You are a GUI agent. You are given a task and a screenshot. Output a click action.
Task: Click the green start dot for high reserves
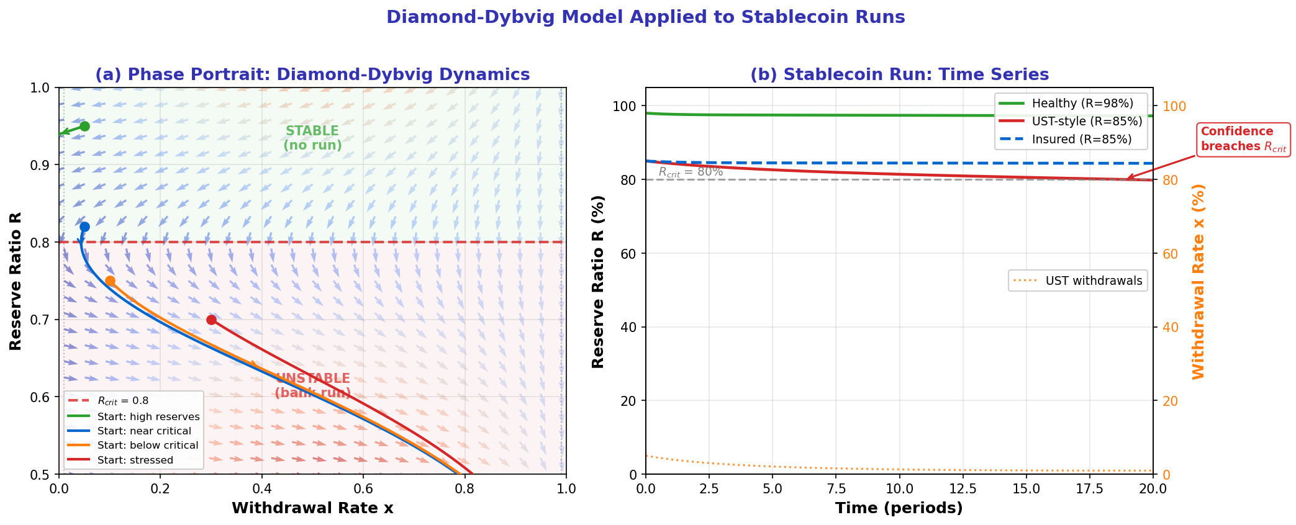pos(84,126)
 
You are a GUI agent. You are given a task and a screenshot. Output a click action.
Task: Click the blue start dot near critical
pos(84,227)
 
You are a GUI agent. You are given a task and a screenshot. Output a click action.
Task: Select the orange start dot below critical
pos(110,280)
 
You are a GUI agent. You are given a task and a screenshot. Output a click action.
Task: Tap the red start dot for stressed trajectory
pos(211,320)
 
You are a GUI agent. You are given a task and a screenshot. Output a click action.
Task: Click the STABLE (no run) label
pos(312,138)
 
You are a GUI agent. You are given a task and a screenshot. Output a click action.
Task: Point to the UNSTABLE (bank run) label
pos(312,385)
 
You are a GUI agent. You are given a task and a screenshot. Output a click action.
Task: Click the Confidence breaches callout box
pos(1243,139)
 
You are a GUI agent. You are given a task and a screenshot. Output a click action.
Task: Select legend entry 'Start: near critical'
pos(144,431)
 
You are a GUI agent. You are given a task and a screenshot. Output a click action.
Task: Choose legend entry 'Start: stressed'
pos(135,460)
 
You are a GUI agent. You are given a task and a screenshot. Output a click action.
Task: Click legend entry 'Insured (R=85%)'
pos(1081,139)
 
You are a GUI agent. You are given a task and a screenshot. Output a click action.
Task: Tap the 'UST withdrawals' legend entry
pos(1093,280)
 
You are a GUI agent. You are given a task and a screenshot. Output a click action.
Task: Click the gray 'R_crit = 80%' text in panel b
pos(691,172)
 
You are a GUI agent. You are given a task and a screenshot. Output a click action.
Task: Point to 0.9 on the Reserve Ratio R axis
pos(41,165)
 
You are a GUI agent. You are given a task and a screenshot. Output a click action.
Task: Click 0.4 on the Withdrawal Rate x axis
pos(261,488)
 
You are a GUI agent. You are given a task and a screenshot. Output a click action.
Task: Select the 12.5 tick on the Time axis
pos(963,488)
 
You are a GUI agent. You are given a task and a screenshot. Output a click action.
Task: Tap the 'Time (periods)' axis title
pos(899,508)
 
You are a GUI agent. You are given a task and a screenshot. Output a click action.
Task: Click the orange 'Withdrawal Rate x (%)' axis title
pos(1198,281)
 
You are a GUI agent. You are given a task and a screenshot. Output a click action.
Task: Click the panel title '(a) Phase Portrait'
pos(312,75)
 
